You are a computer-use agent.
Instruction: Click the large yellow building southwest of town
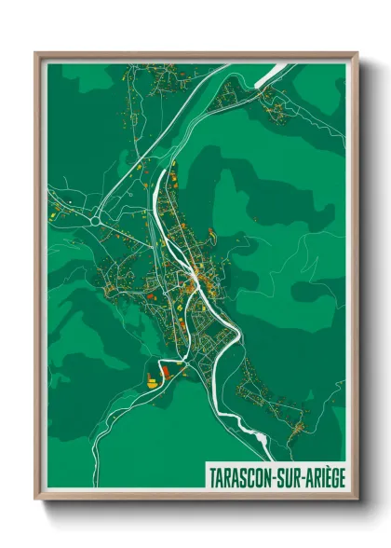tap(152, 379)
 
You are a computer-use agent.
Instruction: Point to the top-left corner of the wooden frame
tap(36, 54)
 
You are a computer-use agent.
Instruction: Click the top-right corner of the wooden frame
tap(356, 54)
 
